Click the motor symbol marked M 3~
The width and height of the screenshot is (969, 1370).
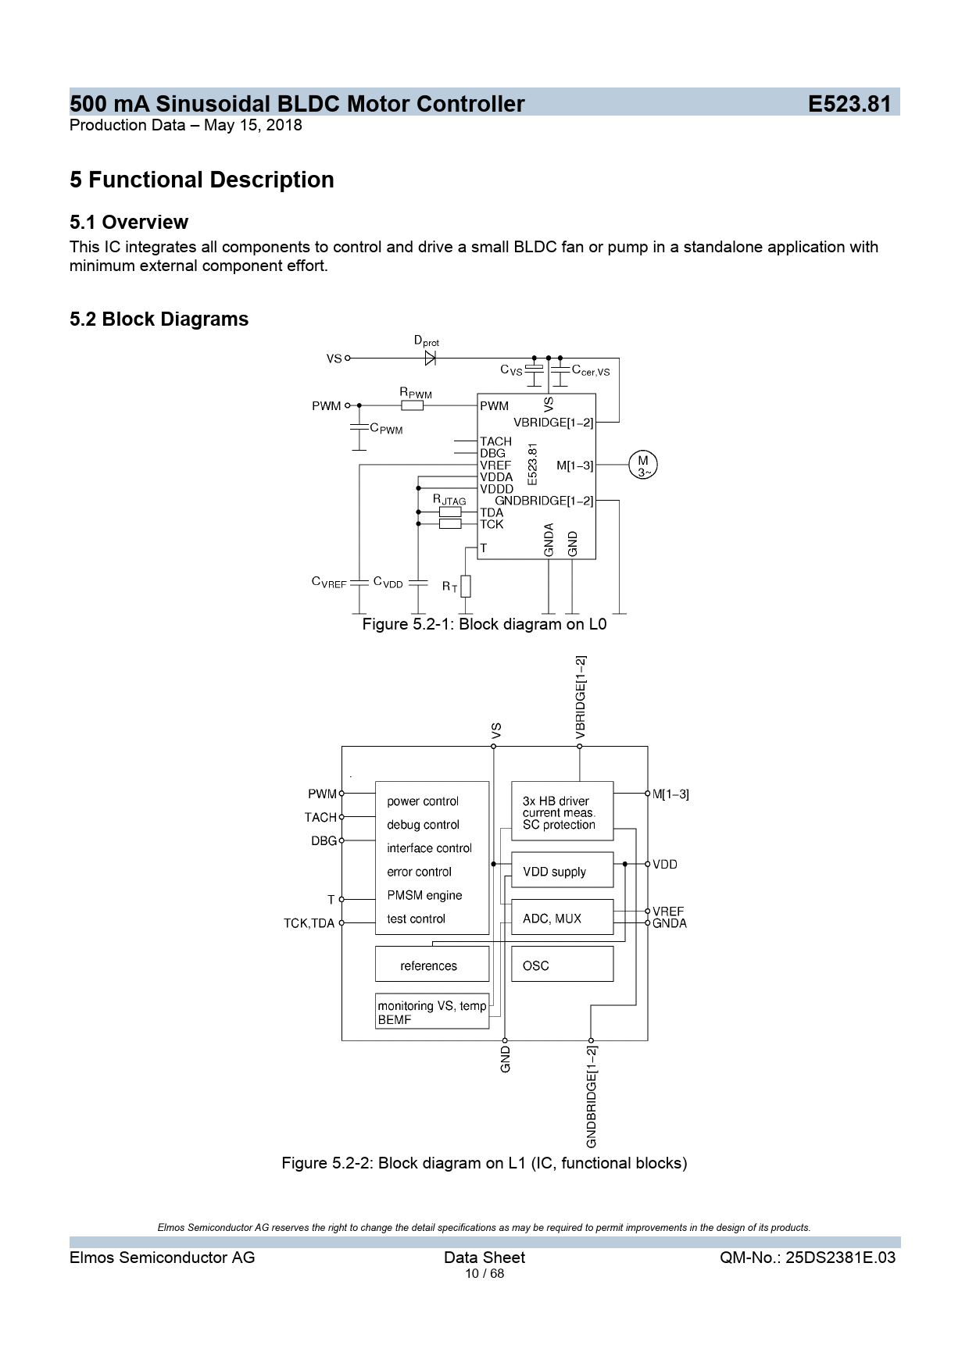pos(643,466)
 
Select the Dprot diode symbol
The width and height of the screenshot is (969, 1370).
pos(430,359)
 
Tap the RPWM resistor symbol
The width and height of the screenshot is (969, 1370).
pos(412,405)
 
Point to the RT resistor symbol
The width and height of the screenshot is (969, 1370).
pos(466,586)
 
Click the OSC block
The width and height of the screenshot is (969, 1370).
pos(562,965)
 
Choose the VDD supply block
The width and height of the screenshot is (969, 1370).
pos(562,871)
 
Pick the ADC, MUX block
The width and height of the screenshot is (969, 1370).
pos(562,919)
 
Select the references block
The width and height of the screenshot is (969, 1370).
pos(431,965)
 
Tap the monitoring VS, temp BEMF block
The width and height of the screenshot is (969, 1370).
pos(432,1012)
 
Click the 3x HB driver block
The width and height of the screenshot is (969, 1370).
pos(562,812)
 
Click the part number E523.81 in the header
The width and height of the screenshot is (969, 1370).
pos(849,104)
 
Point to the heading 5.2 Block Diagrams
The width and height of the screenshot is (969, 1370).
pos(159,319)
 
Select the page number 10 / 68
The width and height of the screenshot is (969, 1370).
pos(484,1274)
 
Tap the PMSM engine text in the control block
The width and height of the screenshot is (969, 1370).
pos(424,895)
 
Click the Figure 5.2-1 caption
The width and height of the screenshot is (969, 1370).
pos(484,624)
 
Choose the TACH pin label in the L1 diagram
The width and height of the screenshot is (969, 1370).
pos(320,817)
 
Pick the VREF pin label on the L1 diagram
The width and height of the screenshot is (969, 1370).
pos(668,911)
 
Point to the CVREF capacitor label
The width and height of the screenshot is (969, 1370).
pos(329,583)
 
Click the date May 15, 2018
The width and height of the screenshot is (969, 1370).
pos(252,125)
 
